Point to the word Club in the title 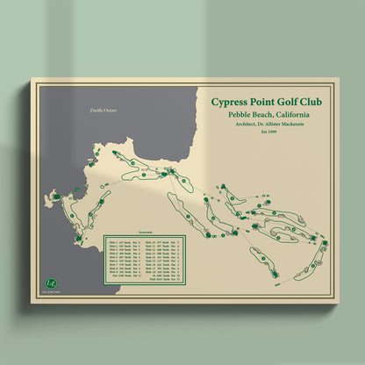pos(318,102)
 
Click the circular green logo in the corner pos(51,283)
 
